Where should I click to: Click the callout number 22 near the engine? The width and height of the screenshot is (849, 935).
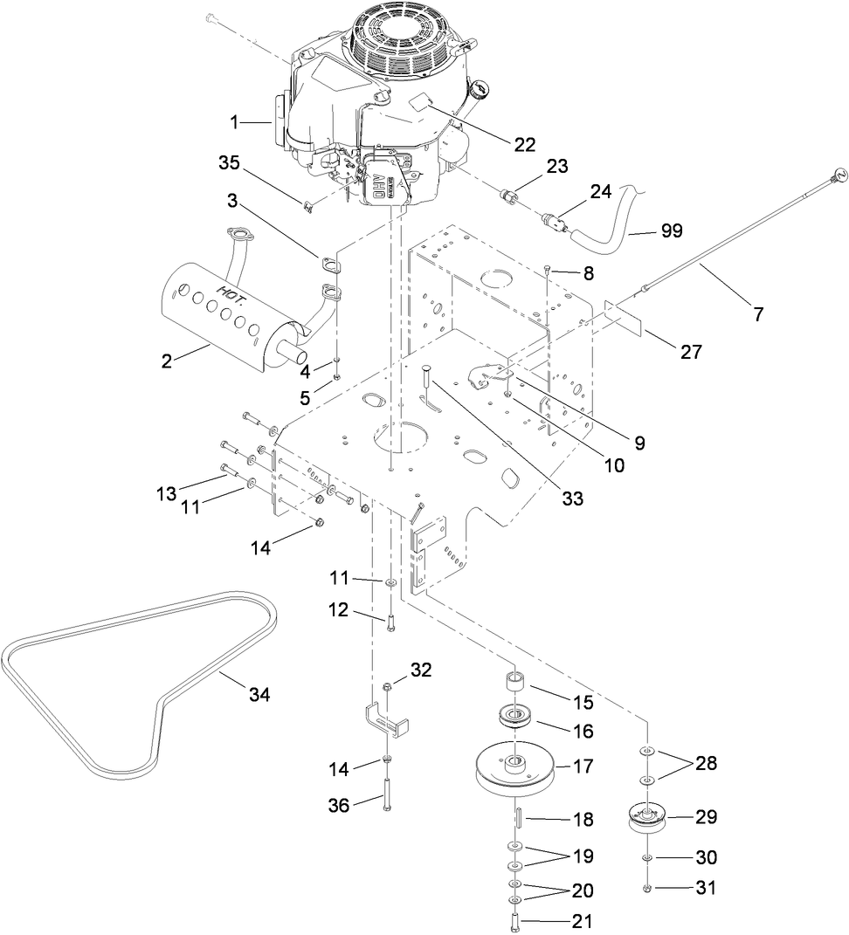(524, 146)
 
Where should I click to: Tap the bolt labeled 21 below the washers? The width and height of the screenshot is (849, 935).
(514, 920)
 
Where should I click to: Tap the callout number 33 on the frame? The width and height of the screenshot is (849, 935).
(572, 499)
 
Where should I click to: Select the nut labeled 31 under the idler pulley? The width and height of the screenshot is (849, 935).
(647, 889)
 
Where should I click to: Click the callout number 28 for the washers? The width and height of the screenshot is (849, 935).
(707, 763)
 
